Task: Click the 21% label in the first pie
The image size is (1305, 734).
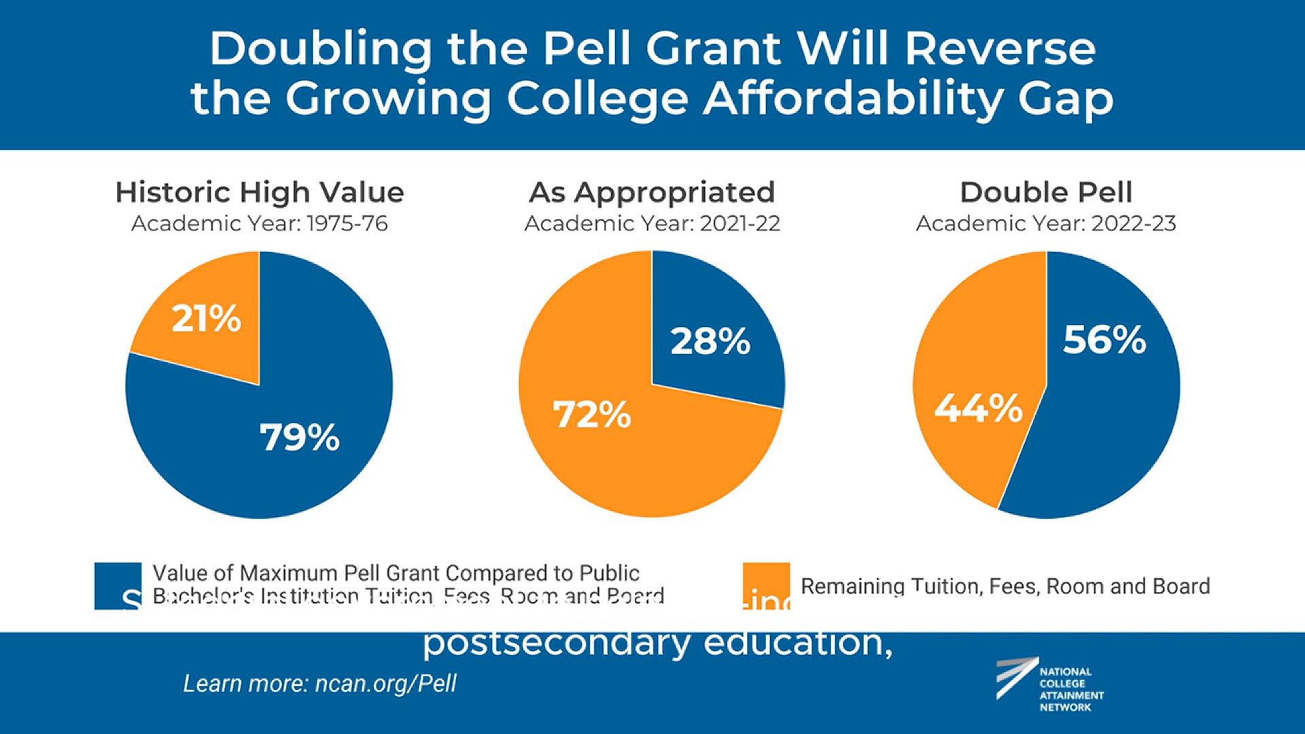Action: (206, 318)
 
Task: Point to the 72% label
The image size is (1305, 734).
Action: (592, 415)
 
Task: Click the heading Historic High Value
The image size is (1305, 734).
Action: (260, 192)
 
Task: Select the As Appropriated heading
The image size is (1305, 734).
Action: (652, 192)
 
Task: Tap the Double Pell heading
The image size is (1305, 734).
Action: (1046, 192)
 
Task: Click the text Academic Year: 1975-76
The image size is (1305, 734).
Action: (260, 224)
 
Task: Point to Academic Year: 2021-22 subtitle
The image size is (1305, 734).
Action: (652, 224)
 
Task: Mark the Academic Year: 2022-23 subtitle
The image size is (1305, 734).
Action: (1046, 224)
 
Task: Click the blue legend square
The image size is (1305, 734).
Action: (118, 585)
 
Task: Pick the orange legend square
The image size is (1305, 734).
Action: (766, 585)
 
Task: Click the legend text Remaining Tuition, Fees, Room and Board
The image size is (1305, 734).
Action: (1005, 586)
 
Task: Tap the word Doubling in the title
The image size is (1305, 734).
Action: (320, 49)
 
